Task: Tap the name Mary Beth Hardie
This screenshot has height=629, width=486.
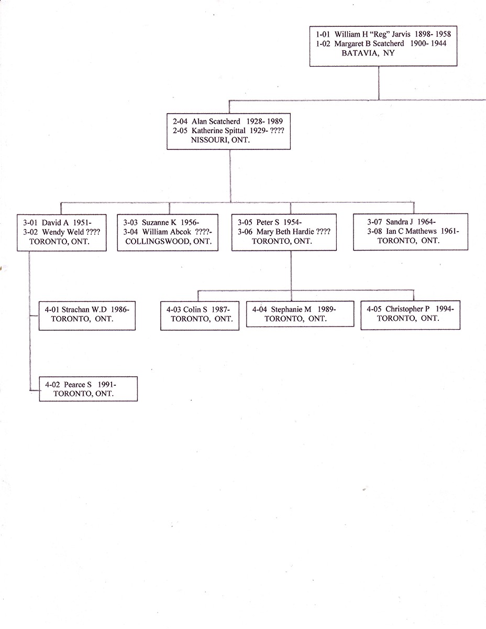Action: pyautogui.click(x=285, y=232)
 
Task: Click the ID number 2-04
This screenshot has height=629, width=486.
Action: pyautogui.click(x=181, y=121)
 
